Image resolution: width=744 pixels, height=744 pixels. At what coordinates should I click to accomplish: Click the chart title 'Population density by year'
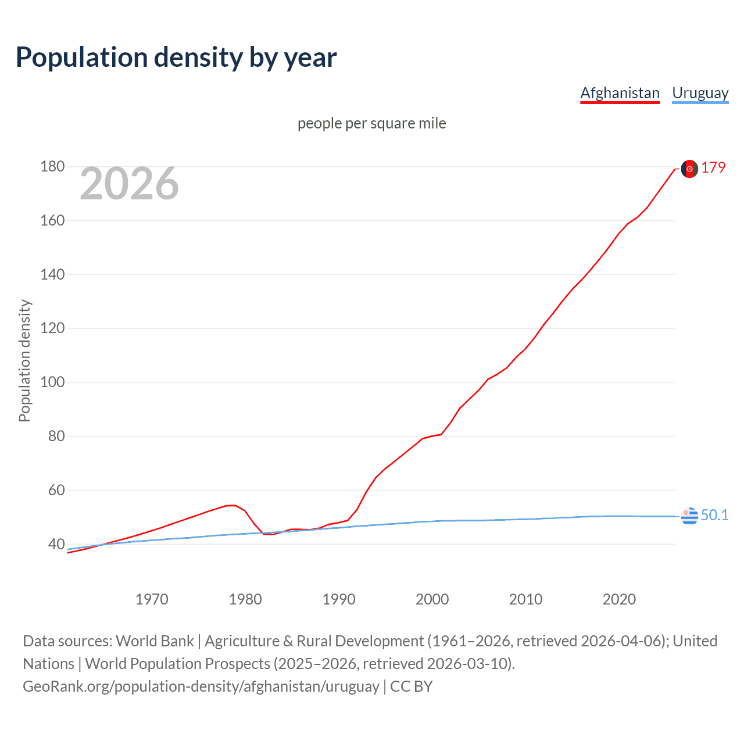pyautogui.click(x=176, y=58)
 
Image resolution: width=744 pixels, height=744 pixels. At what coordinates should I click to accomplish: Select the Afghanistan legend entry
pyautogui.click(x=620, y=93)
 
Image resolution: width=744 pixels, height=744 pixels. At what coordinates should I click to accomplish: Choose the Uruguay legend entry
pyautogui.click(x=700, y=93)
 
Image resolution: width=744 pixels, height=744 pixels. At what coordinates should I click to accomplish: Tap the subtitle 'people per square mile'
pyautogui.click(x=371, y=123)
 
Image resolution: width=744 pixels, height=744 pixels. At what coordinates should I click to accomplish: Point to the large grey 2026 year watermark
pyautogui.click(x=129, y=184)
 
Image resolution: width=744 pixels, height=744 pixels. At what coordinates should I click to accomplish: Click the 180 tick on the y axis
pyautogui.click(x=52, y=167)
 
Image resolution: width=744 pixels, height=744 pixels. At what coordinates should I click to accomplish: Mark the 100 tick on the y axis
pyautogui.click(x=52, y=382)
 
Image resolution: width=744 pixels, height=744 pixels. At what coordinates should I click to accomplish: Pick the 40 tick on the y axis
pyautogui.click(x=56, y=545)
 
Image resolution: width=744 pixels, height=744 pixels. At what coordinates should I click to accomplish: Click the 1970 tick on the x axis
pyautogui.click(x=152, y=599)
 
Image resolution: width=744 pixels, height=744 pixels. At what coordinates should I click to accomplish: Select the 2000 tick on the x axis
pyautogui.click(x=432, y=599)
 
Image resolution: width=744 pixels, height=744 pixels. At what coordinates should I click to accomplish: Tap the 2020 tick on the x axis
pyautogui.click(x=619, y=599)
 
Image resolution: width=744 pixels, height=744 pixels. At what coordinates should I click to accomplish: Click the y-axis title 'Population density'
pyautogui.click(x=24, y=360)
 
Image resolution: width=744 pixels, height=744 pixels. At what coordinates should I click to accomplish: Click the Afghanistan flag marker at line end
pyautogui.click(x=689, y=169)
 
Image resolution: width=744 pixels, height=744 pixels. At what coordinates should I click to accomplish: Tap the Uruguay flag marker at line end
pyautogui.click(x=689, y=516)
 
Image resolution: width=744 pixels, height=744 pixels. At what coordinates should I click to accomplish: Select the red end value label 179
pyautogui.click(x=713, y=167)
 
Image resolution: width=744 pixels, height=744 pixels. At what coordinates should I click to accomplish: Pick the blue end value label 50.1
pyautogui.click(x=714, y=515)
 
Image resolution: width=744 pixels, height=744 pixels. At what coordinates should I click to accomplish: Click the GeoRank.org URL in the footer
pyautogui.click(x=201, y=686)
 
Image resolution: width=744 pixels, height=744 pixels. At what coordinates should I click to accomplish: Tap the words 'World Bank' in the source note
pyautogui.click(x=155, y=641)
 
